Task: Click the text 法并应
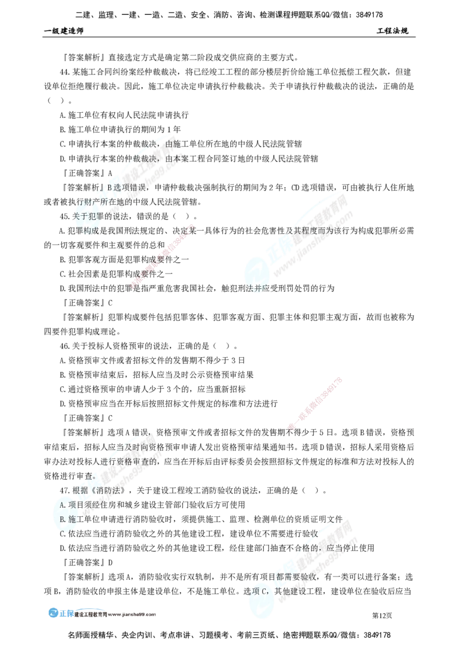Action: pyautogui.click(x=256, y=289)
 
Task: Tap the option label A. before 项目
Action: pyautogui.click(x=63, y=505)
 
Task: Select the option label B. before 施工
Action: pyautogui.click(x=63, y=519)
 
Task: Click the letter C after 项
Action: pyautogui.click(x=264, y=591)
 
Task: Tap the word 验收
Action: pyautogui.click(x=306, y=576)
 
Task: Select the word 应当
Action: pyautogui.click(x=335, y=548)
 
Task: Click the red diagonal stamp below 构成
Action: pyautogui.click(x=163, y=255)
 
